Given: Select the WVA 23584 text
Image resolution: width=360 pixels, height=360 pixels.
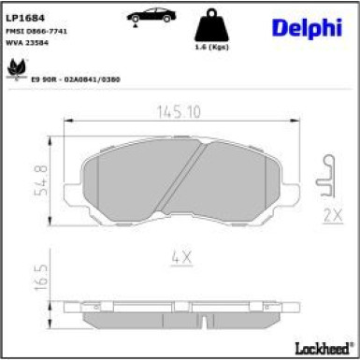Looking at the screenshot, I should pos(36,44).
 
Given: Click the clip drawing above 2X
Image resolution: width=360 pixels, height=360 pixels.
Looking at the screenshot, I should pos(326,179).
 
